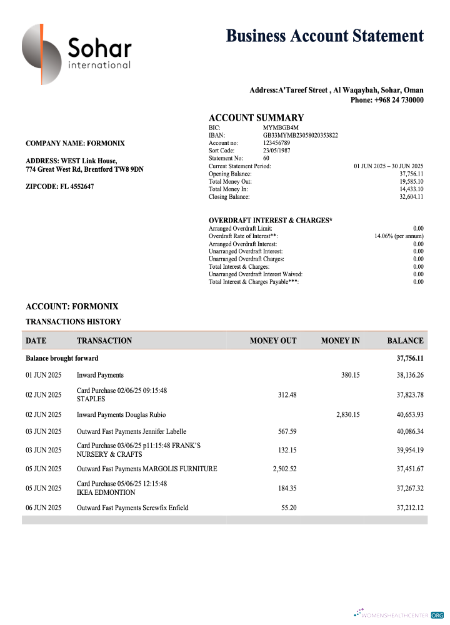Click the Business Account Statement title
pyautogui.click(x=324, y=36)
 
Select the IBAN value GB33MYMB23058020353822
pyautogui.click(x=300, y=135)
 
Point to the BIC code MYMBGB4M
pyautogui.click(x=281, y=127)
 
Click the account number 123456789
pyautogui.click(x=276, y=143)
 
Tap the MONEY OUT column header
pyautogui.click(x=273, y=341)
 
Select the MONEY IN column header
pyautogui.click(x=340, y=341)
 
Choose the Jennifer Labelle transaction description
pyautogui.click(x=131, y=431)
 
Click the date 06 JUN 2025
pyautogui.click(x=44, y=507)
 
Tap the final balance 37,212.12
pyautogui.click(x=410, y=507)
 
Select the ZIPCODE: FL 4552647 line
pyautogui.click(x=60, y=186)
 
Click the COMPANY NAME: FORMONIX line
pyautogui.click(x=75, y=143)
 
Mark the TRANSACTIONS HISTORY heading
pyautogui.click(x=73, y=322)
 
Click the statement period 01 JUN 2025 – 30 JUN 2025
pyautogui.click(x=388, y=166)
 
